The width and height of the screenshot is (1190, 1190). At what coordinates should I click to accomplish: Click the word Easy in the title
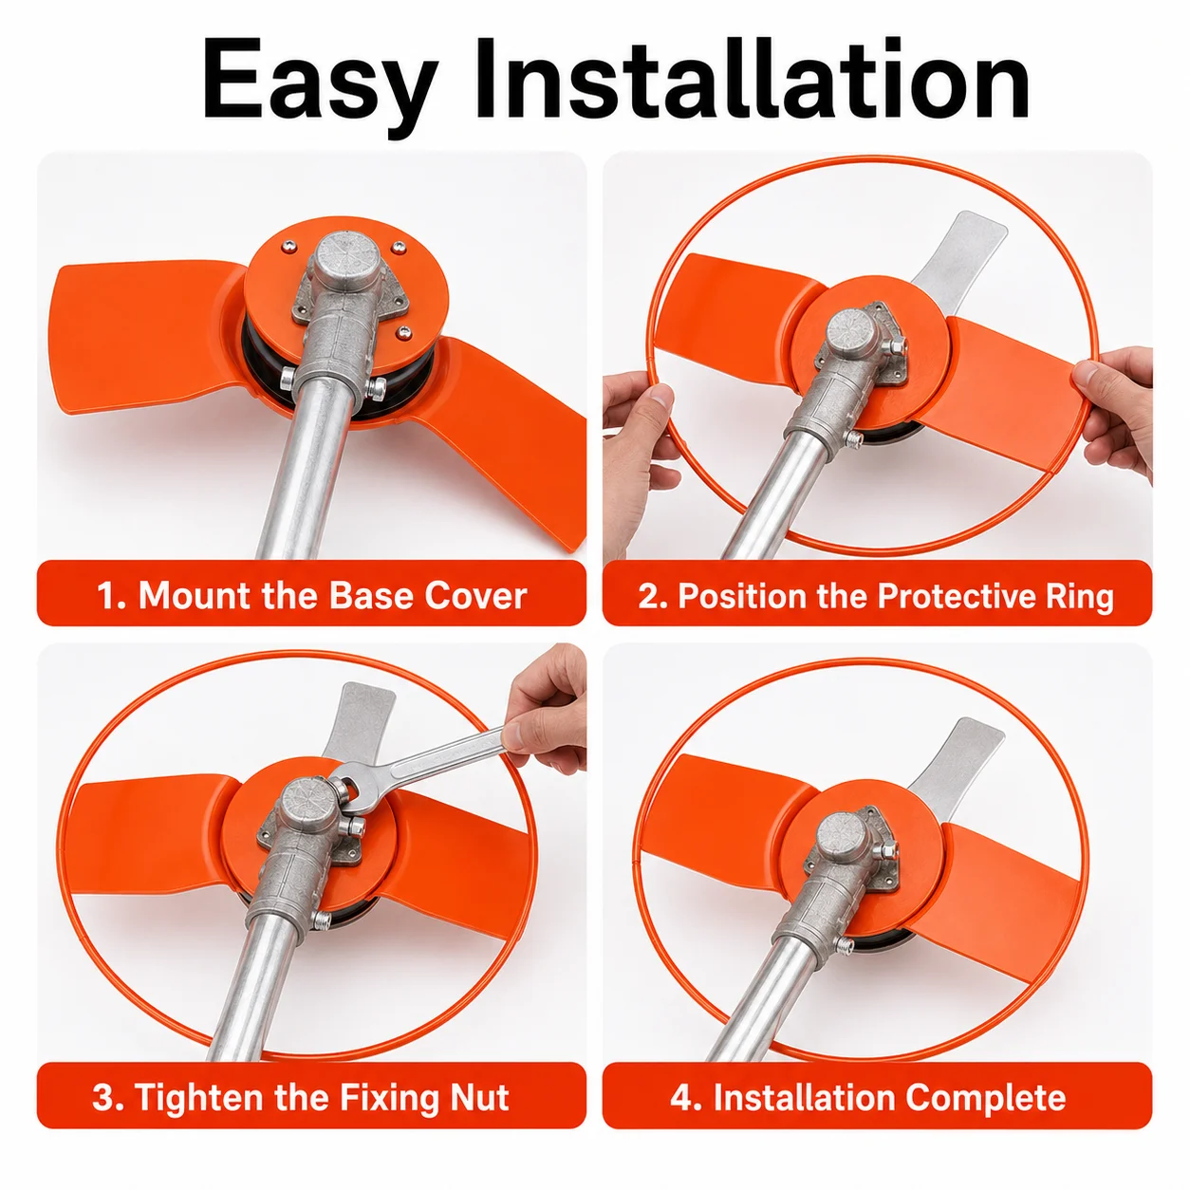point(317,81)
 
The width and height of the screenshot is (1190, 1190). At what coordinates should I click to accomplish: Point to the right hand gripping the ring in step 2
point(1115,407)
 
